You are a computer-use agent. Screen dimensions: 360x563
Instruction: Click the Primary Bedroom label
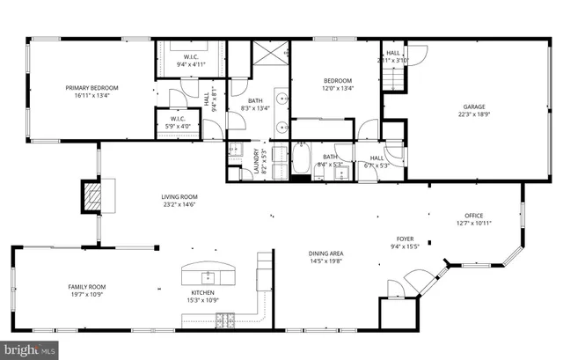tap(92, 87)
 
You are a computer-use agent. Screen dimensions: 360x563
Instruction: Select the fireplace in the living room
tap(92, 196)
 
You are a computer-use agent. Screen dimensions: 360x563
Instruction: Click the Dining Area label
tap(325, 253)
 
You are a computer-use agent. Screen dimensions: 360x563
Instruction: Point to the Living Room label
tap(179, 196)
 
